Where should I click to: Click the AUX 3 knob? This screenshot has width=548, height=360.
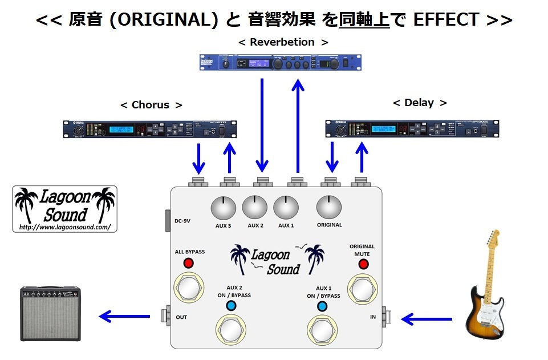coord(224,208)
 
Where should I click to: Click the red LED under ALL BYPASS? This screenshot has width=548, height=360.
coord(189,263)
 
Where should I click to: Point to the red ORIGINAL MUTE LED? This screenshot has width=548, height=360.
coord(362,264)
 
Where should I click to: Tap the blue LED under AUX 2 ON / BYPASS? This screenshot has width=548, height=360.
coord(231,306)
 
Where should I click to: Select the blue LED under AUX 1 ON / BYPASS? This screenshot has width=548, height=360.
coord(323,307)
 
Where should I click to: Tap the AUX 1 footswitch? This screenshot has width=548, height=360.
coord(323,331)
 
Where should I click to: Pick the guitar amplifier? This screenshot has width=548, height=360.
coord(51,314)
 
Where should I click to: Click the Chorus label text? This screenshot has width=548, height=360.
coord(151,105)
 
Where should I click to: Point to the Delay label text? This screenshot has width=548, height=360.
coord(419,103)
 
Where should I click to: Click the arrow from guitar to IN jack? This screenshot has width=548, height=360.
coord(427,319)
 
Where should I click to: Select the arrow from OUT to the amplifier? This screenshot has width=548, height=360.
coord(126,315)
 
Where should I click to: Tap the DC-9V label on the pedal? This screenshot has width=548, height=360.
coord(183,220)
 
